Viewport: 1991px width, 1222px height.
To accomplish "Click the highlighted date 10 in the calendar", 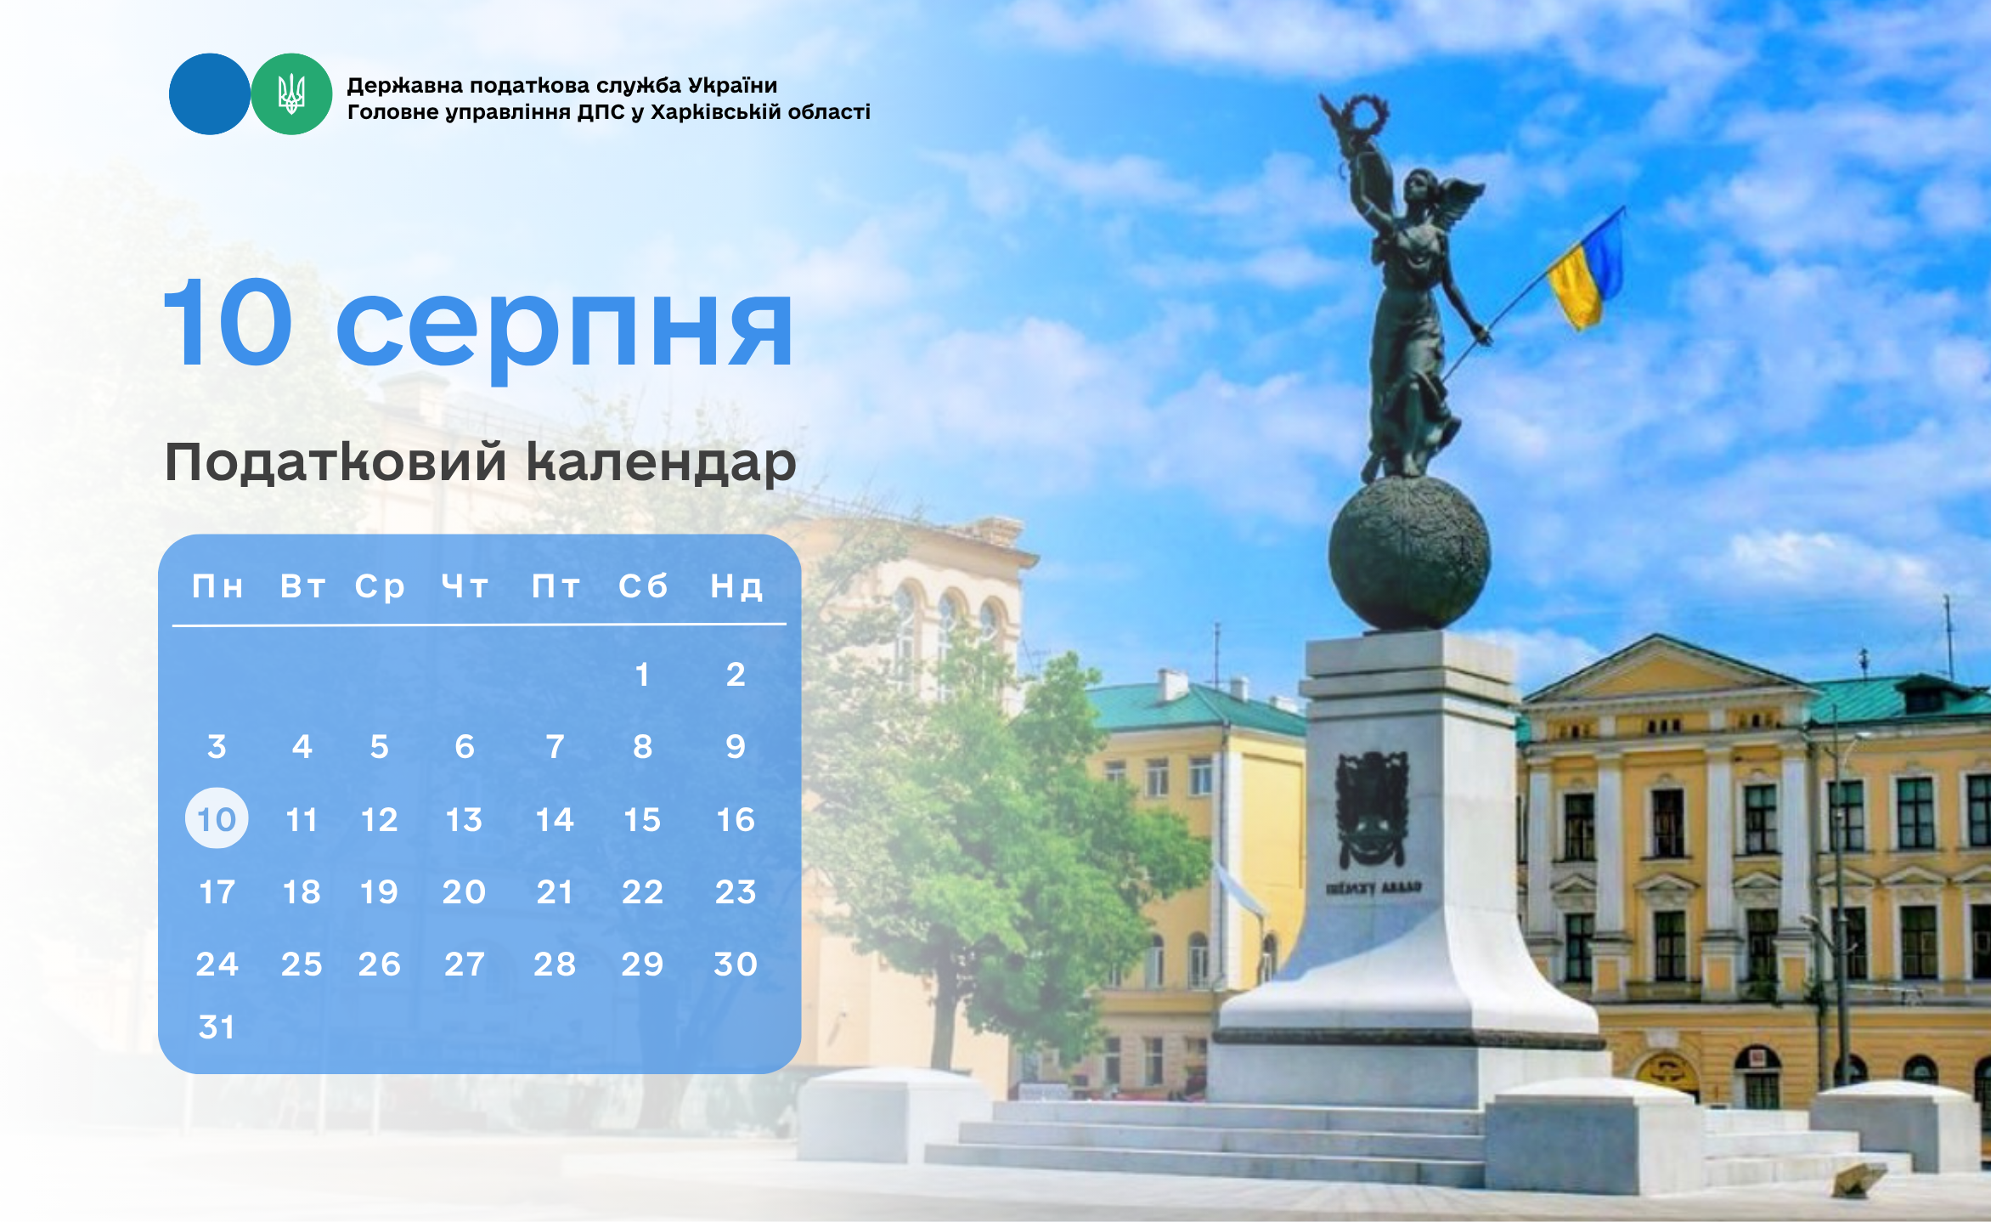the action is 217,818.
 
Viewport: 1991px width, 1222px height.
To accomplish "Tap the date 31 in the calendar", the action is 217,1027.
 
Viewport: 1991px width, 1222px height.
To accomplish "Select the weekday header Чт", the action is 465,586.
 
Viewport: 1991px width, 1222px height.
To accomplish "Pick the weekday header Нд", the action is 736,586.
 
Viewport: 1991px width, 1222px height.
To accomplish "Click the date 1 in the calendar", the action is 642,674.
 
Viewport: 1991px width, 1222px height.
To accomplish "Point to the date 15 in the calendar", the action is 642,819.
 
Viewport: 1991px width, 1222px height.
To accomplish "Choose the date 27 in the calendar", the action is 465,964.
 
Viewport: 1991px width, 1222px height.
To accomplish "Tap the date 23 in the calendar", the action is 736,891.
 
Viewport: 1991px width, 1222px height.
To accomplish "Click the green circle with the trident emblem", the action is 291,93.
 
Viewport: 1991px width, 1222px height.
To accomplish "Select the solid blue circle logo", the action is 210,93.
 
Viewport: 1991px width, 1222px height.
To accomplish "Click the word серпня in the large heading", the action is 565,330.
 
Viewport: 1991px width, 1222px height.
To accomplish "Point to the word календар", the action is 661,464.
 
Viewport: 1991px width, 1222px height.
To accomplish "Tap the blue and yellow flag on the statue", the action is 1586,270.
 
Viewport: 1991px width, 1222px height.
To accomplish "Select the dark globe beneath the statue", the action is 1409,552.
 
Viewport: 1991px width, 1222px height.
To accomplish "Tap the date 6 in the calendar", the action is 465,746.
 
